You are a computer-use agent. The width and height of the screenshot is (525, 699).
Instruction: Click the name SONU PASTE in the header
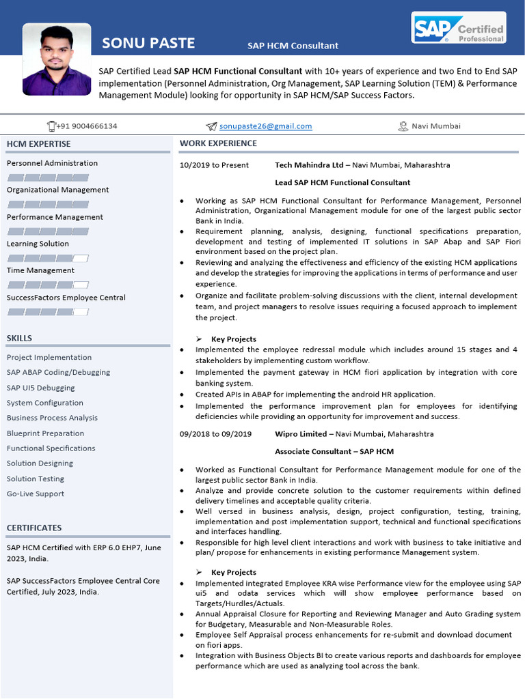pos(148,44)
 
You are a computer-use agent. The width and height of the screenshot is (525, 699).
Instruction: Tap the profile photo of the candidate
pos(57,59)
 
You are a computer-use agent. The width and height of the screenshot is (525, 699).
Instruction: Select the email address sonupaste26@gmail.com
pos(265,126)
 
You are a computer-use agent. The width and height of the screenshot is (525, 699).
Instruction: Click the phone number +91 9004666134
pos(87,126)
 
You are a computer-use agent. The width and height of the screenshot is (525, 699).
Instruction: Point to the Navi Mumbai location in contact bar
pos(435,126)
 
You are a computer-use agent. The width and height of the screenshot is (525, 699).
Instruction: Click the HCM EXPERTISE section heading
pos(38,144)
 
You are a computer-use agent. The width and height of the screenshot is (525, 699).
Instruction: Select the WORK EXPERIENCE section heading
pos(218,143)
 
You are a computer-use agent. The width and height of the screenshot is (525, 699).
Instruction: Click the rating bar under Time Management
pos(48,285)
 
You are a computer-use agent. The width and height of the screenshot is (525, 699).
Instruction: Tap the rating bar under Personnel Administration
pos(48,177)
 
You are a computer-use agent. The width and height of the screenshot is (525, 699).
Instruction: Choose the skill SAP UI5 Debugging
pos(41,388)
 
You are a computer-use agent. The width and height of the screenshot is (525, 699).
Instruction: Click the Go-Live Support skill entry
pos(36,494)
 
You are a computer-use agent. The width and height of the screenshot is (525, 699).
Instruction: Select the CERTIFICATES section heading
pos(34,528)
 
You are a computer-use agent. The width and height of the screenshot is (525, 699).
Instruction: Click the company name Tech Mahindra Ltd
pos(309,165)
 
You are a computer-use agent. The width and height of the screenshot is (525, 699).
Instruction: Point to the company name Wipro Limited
pos(299,434)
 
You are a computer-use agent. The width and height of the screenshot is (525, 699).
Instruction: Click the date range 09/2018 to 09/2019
pos(215,434)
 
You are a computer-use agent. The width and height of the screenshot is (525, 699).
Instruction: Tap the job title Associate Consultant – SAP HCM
pos(334,451)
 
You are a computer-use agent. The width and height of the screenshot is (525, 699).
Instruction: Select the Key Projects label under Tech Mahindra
pos(234,339)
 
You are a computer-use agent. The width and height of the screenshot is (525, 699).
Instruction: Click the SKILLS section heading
pos(19,338)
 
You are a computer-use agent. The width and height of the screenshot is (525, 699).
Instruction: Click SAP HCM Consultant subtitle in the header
pos(293,46)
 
